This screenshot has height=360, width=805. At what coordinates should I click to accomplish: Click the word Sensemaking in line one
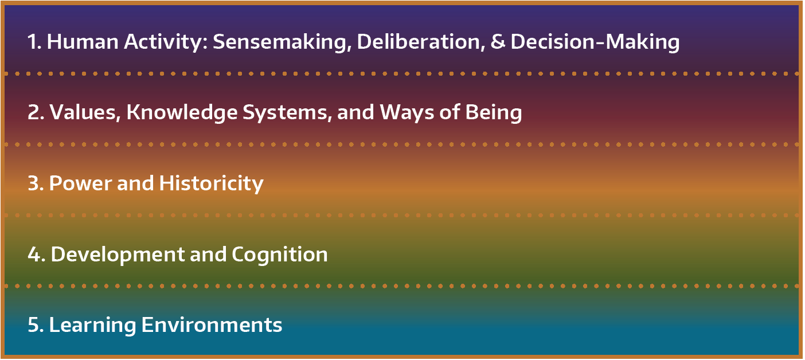(x=282, y=42)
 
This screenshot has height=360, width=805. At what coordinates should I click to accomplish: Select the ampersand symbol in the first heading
(x=498, y=42)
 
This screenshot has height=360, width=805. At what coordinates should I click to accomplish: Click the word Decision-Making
(x=595, y=42)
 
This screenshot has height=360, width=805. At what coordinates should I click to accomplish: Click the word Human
(x=83, y=42)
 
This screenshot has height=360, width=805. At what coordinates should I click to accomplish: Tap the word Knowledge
(x=182, y=113)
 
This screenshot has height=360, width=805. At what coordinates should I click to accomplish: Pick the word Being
(x=494, y=113)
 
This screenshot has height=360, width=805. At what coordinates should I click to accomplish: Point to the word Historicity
(x=212, y=184)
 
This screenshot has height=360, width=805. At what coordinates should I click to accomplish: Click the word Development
(x=118, y=255)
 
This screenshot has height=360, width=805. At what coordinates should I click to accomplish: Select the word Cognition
(x=280, y=255)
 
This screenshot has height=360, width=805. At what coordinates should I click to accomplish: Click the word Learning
(x=92, y=326)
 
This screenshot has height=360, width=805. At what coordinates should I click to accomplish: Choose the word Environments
(x=212, y=325)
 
